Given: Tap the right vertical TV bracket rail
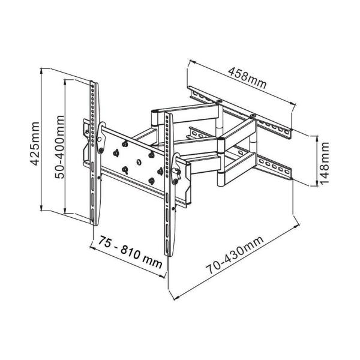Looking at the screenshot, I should [169, 180].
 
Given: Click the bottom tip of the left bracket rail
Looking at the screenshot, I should [94, 222].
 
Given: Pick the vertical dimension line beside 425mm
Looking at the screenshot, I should [43, 141].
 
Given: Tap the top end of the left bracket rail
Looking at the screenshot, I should [94, 82].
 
